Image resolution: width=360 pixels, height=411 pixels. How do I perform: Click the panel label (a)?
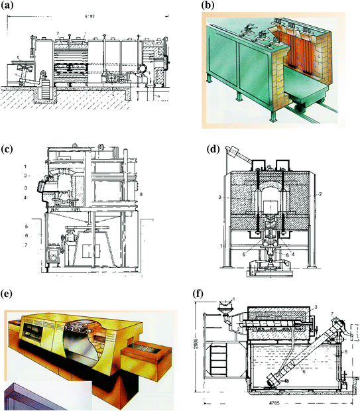[11, 7]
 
